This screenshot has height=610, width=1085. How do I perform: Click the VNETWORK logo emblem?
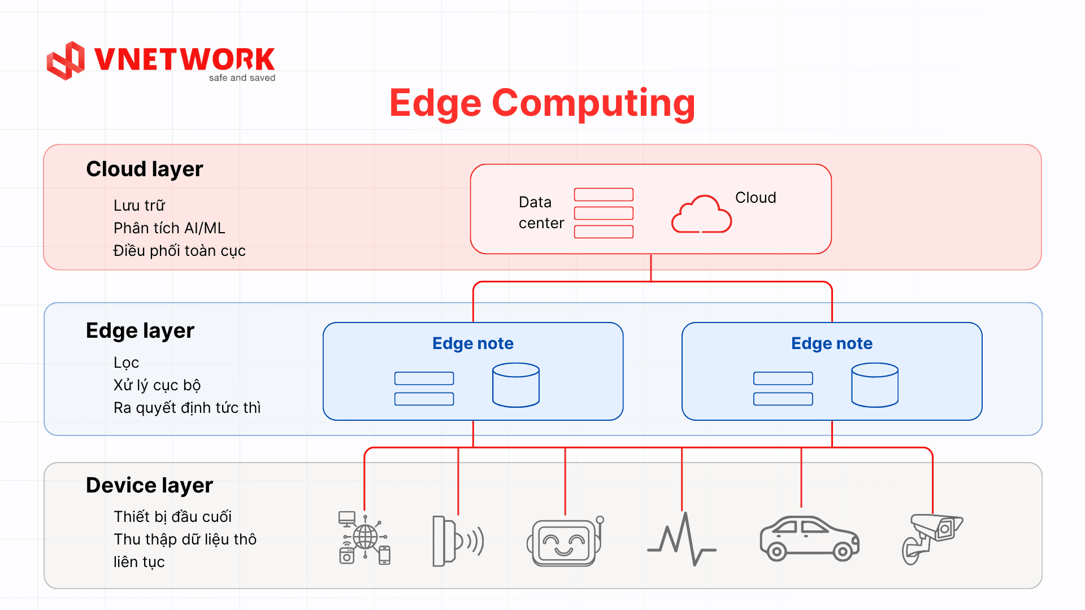[x=66, y=60]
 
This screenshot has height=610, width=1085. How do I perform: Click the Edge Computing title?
[x=542, y=103]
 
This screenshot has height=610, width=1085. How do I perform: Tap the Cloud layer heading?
[x=144, y=169]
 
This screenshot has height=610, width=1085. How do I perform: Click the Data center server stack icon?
[x=604, y=213]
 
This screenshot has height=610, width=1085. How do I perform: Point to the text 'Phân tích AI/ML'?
[x=169, y=228]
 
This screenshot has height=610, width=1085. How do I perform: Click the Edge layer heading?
[x=140, y=330]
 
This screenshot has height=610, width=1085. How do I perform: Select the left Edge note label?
[x=472, y=343]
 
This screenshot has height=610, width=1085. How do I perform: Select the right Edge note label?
[x=831, y=343]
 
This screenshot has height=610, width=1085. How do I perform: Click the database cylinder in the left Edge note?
[x=515, y=385]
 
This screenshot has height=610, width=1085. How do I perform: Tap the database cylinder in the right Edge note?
[x=874, y=385]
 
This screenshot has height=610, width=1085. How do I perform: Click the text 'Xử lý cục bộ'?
[x=157, y=385]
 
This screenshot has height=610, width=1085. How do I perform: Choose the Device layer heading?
[x=149, y=485]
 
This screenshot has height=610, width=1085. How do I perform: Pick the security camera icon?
[x=931, y=538]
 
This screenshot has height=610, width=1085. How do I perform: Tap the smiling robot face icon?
[x=564, y=542]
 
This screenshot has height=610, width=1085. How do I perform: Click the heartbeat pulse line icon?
[x=682, y=539]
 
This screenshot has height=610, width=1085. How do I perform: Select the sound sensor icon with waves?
[x=457, y=541]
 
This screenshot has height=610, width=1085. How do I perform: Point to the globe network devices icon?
[x=364, y=538]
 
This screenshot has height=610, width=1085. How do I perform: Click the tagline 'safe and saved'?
[x=242, y=78]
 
